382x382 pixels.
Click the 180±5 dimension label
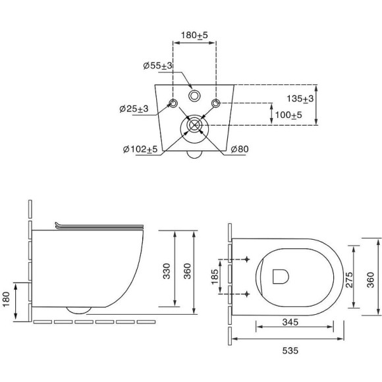[x=194, y=36]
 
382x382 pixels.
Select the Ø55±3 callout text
[x=158, y=66]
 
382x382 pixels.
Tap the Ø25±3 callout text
[x=134, y=109]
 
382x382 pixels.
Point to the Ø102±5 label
[x=140, y=149]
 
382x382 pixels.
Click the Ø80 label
[x=240, y=149]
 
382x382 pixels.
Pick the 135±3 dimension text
[x=300, y=99]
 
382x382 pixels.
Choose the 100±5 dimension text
[x=288, y=115]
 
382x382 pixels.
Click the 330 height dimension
[x=167, y=271]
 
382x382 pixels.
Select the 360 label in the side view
[x=187, y=271]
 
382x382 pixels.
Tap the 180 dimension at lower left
[x=6, y=300]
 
